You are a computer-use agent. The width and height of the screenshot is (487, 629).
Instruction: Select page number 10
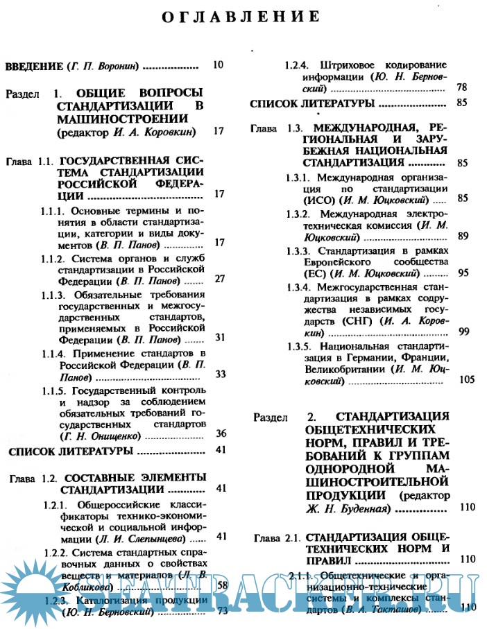click(218, 66)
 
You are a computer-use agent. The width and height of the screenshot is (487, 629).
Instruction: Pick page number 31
click(221, 337)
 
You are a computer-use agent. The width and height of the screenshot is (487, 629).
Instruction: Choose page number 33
click(221, 374)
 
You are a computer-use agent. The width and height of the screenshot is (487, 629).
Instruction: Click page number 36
click(221, 433)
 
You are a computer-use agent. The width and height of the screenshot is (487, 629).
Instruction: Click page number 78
click(462, 87)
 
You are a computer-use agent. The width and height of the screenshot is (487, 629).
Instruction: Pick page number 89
click(463, 236)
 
